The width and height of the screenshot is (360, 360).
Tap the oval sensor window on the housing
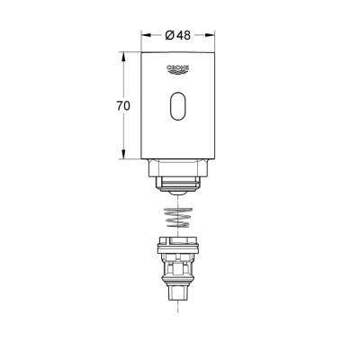coord(178,109)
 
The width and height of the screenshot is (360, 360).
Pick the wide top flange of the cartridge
coord(178,244)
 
